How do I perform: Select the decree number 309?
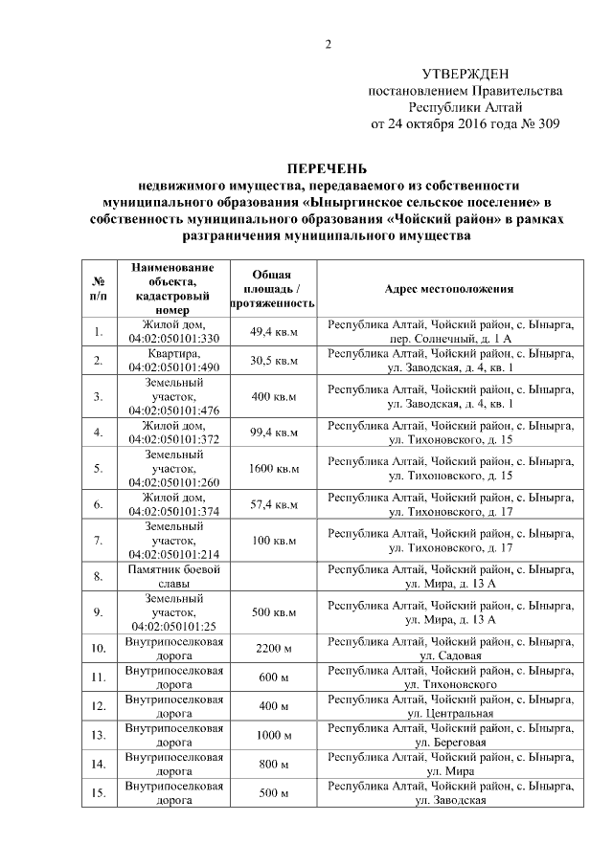click(544, 123)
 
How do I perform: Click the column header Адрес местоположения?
click(448, 288)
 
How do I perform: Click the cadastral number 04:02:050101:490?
click(174, 367)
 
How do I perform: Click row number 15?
click(98, 792)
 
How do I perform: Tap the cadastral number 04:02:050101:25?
click(174, 626)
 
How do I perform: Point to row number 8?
click(98, 576)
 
